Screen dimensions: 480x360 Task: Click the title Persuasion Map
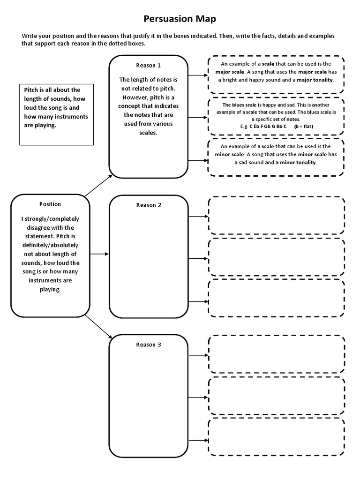(180, 19)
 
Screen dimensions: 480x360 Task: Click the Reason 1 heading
(149, 65)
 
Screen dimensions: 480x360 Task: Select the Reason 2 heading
(149, 205)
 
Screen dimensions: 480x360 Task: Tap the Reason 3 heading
(149, 345)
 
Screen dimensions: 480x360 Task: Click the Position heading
(50, 204)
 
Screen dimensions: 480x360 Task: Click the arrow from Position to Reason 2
(99, 254)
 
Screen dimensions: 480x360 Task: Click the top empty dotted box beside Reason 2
(277, 216)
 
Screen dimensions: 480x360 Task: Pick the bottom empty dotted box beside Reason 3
(277, 437)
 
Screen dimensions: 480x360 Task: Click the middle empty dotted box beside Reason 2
(277, 258)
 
